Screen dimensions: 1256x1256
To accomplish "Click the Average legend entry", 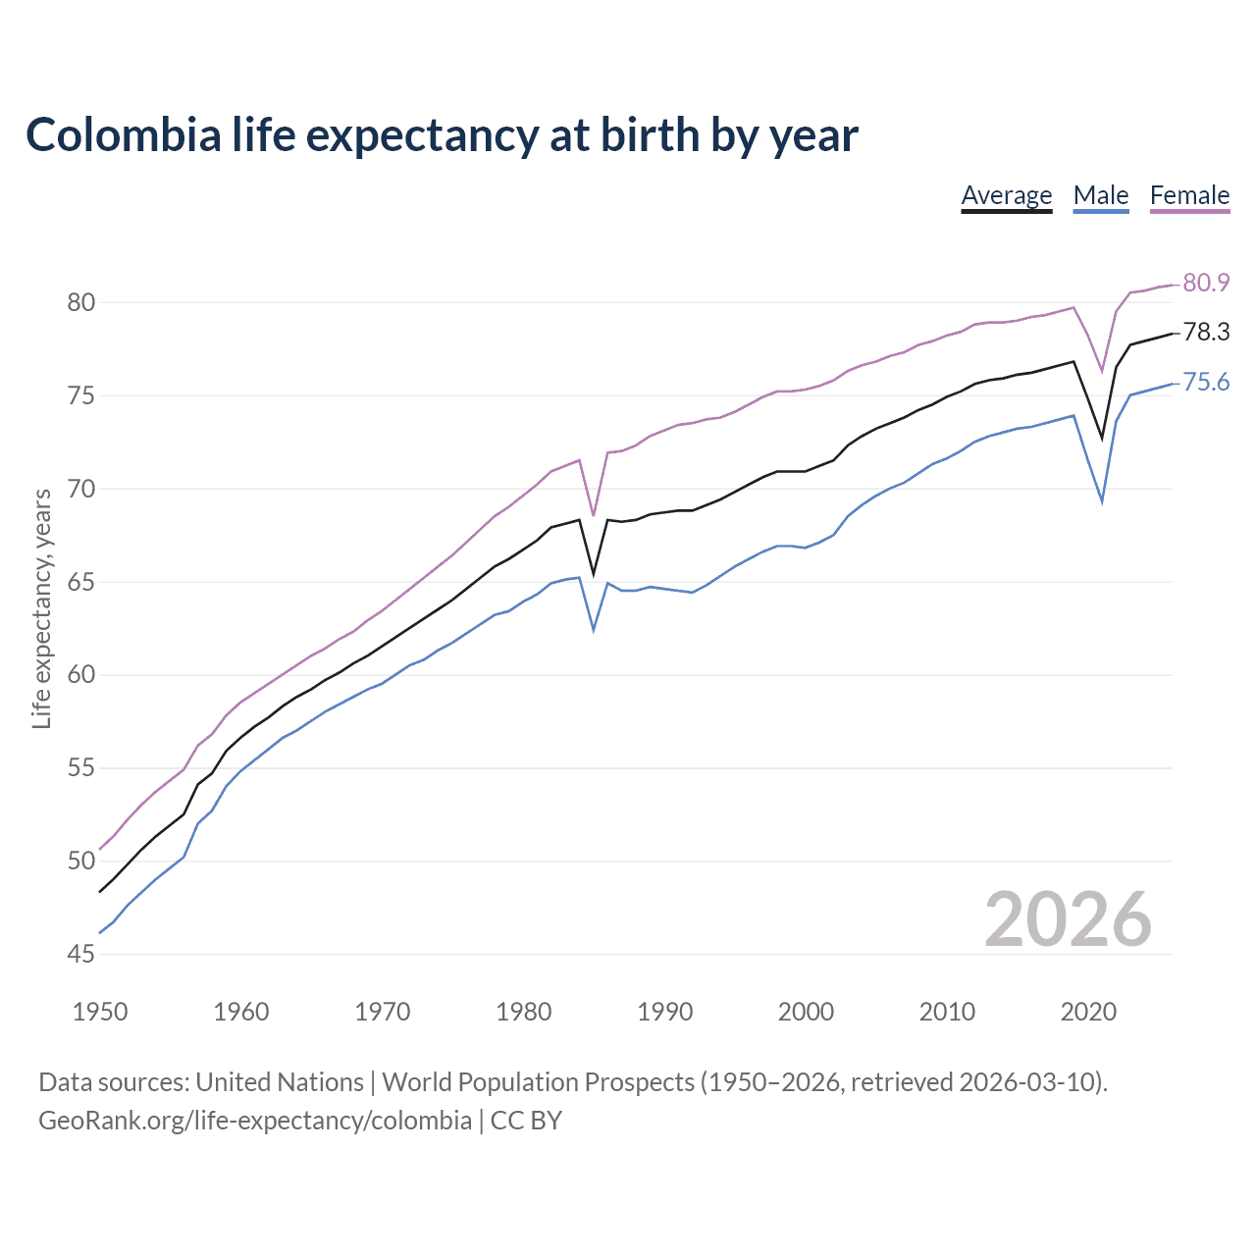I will pyautogui.click(x=1006, y=195).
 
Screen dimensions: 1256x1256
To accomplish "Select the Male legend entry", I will pyautogui.click(x=1101, y=195).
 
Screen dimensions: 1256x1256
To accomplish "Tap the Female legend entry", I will pyautogui.click(x=1189, y=195).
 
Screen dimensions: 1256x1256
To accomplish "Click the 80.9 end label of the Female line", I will pyautogui.click(x=1206, y=283).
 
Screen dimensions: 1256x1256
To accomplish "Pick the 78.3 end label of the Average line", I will pyautogui.click(x=1206, y=333).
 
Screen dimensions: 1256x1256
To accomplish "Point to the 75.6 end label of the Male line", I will pyautogui.click(x=1206, y=383).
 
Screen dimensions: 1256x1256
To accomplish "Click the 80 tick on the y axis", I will pyautogui.click(x=81, y=302).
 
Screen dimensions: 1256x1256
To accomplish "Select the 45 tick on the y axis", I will pyautogui.click(x=81, y=954).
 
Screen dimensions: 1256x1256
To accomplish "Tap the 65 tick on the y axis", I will pyautogui.click(x=81, y=582).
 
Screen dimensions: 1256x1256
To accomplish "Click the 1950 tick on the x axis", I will pyautogui.click(x=100, y=1012).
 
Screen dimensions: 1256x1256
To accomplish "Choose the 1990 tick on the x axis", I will pyautogui.click(x=664, y=1012).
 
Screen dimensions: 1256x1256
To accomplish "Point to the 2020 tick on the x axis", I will pyautogui.click(x=1088, y=1012).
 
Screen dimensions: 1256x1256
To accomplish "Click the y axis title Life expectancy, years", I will pyautogui.click(x=42, y=609).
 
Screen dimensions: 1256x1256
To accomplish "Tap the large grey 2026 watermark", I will pyautogui.click(x=1068, y=919).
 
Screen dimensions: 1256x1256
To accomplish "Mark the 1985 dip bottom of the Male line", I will pyautogui.click(x=594, y=629).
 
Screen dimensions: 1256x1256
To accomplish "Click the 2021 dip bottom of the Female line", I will pyautogui.click(x=1102, y=371).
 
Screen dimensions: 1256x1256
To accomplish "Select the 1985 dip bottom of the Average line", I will pyautogui.click(x=594, y=574).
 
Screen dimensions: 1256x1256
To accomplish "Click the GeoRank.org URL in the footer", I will pyautogui.click(x=255, y=1121).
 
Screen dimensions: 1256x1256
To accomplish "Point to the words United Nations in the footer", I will pyautogui.click(x=280, y=1082).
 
